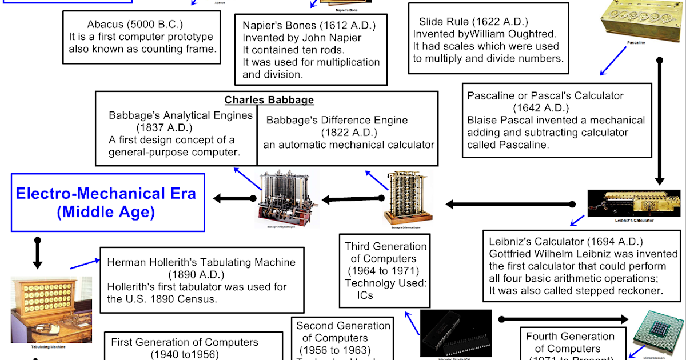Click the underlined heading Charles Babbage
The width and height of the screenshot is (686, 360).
pyautogui.click(x=269, y=100)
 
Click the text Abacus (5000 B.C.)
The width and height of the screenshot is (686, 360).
pyautogui.click(x=135, y=25)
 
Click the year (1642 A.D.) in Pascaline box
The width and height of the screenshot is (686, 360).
pyautogui.click(x=537, y=108)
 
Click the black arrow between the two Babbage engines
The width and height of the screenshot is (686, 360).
pyautogui.click(x=343, y=199)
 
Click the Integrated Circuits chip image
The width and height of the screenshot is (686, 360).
pyautogui.click(x=456, y=333)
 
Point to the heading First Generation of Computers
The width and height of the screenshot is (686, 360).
pyautogui.click(x=185, y=342)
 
